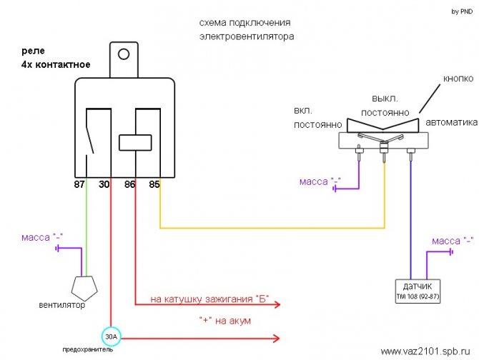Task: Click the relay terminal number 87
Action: (x=79, y=184)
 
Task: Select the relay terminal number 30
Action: (x=104, y=184)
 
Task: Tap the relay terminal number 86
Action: (x=130, y=184)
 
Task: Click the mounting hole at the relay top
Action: (x=124, y=54)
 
